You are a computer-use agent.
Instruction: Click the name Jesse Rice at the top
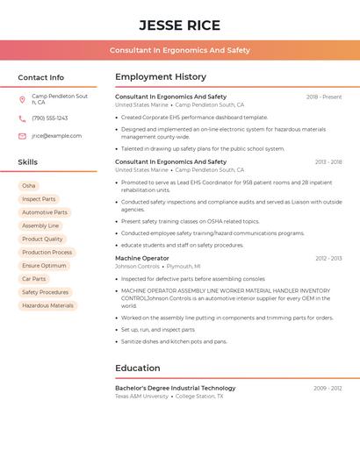click(x=179, y=25)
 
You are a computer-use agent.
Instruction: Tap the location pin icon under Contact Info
click(x=22, y=99)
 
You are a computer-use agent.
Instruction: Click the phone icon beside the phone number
click(x=22, y=118)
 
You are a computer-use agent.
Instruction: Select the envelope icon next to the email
click(x=22, y=136)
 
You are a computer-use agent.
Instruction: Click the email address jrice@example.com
click(x=56, y=136)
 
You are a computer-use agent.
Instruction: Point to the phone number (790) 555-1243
click(x=49, y=118)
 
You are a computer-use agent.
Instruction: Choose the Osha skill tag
click(x=29, y=186)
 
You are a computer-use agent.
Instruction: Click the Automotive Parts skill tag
click(x=44, y=212)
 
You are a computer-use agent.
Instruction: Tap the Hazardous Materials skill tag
click(x=47, y=305)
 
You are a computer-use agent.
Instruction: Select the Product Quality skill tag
click(x=42, y=239)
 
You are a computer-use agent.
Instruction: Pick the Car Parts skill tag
click(x=33, y=279)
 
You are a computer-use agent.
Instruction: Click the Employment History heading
click(x=161, y=77)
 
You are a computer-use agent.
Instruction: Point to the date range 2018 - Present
click(x=324, y=97)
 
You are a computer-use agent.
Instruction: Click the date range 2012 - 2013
click(x=328, y=259)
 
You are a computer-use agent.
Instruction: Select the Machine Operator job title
click(x=142, y=259)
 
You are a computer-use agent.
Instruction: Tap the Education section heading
click(x=138, y=368)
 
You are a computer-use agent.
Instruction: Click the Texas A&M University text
click(x=141, y=397)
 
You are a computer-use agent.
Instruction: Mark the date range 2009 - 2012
click(x=328, y=388)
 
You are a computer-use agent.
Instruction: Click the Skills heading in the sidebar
click(x=28, y=162)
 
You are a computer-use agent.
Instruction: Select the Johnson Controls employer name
click(x=137, y=267)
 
